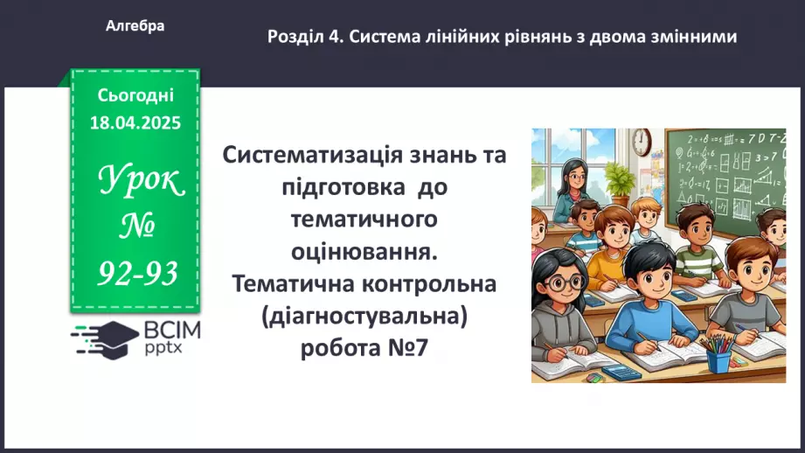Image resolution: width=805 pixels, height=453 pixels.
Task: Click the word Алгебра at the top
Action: coord(135,26)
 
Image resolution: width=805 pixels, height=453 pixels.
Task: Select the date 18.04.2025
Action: coord(135,123)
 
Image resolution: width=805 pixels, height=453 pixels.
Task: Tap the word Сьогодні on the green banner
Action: coord(135,94)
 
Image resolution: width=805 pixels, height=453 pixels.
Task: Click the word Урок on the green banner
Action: coord(140,182)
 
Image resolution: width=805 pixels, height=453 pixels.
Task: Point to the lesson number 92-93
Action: coord(137,274)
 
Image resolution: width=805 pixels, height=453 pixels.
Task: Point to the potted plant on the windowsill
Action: coord(620,182)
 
